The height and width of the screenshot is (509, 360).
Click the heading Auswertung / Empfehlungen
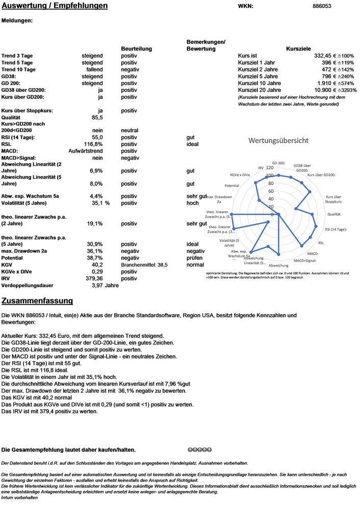tap(55, 6)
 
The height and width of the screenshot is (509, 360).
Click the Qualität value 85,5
tap(96, 117)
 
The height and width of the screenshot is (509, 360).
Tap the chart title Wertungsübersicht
tap(278, 140)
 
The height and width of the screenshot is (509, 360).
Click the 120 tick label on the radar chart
tap(269, 167)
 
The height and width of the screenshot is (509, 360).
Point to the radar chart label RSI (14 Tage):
tap(335, 230)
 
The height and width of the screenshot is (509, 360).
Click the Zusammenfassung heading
tap(37, 301)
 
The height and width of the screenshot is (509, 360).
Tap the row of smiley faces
tap(199, 449)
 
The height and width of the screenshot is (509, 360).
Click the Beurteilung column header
tap(136, 48)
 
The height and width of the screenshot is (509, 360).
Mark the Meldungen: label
tap(17, 21)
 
